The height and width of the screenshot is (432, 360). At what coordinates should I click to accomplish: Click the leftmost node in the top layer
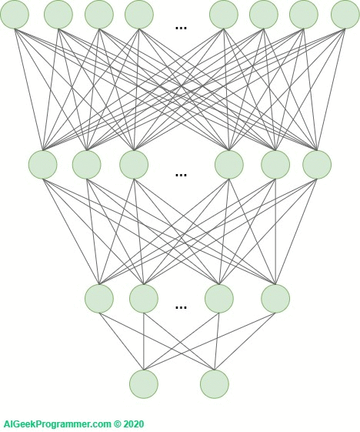[15, 15]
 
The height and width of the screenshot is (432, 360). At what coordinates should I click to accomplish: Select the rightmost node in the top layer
[345, 15]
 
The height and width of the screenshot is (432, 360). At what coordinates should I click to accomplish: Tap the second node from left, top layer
[58, 15]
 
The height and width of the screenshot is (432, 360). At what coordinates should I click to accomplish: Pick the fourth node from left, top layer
[139, 15]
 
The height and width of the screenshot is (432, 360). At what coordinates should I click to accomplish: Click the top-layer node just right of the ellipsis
[224, 15]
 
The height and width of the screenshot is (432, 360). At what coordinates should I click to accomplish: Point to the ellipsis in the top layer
[181, 28]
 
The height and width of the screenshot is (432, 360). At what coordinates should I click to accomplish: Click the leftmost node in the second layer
[42, 165]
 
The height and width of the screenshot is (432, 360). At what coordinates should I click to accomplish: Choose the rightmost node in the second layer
[317, 165]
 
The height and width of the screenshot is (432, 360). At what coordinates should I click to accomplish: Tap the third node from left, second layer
[134, 165]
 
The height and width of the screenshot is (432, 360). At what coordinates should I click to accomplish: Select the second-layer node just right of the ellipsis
[229, 165]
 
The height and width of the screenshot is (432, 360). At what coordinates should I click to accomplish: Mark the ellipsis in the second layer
[181, 175]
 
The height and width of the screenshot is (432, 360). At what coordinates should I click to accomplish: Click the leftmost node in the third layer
[99, 299]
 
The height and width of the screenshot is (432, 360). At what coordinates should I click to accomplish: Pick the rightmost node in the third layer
[275, 299]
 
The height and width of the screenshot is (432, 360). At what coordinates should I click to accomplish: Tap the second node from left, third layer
[144, 299]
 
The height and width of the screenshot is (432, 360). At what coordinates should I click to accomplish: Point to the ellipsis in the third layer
[181, 307]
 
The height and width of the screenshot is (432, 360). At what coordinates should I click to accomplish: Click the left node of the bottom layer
[144, 384]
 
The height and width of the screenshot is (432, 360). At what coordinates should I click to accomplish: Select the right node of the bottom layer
[215, 384]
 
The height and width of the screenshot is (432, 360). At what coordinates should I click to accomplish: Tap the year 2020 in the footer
[134, 424]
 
